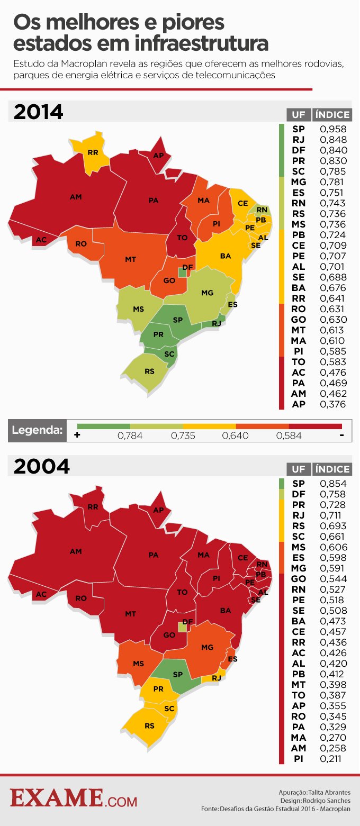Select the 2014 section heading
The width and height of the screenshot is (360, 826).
[38, 112]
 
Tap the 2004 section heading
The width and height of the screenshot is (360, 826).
[41, 466]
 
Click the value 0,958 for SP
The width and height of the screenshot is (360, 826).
[333, 129]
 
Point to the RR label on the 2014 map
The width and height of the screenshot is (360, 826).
[93, 152]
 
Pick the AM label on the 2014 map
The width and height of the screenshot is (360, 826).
[76, 197]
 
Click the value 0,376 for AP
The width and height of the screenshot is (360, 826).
[333, 404]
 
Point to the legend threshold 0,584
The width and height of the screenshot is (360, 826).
[289, 436]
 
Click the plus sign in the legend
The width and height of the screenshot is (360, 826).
[77, 435]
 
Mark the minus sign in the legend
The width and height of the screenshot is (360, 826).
[342, 435]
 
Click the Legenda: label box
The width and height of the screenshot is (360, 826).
[38, 430]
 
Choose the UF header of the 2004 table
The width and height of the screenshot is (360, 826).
[298, 469]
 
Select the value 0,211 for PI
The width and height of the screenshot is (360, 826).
[333, 759]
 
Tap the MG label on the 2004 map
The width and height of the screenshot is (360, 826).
[207, 647]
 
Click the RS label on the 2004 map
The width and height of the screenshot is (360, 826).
[150, 725]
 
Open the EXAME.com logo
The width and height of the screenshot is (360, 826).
[74, 798]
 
